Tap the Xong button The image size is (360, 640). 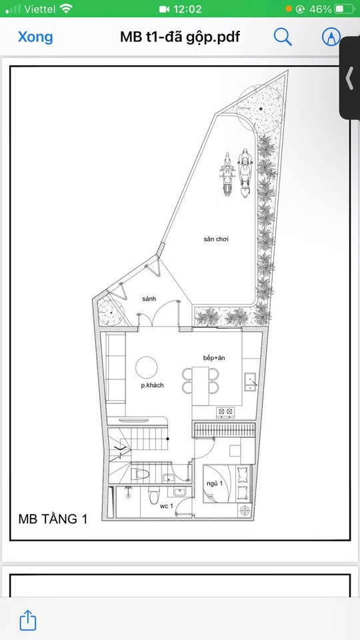point(35,37)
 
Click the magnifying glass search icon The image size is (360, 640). point(283,37)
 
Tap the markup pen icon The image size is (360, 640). point(331,37)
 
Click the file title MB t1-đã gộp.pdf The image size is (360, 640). point(180,37)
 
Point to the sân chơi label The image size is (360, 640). point(216,239)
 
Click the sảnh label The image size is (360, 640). point(149,299)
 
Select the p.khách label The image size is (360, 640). point(152,385)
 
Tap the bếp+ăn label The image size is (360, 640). point(214,358)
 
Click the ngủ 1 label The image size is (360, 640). point(215,483)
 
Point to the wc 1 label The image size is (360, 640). point(167,507)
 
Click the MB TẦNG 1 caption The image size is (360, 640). point(53,519)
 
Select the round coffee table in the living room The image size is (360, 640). point(147,367)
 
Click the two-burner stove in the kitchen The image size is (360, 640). point(225,412)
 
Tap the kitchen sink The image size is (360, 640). point(250,382)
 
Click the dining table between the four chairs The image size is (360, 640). point(201,386)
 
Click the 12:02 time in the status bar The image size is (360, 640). point(187,9)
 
